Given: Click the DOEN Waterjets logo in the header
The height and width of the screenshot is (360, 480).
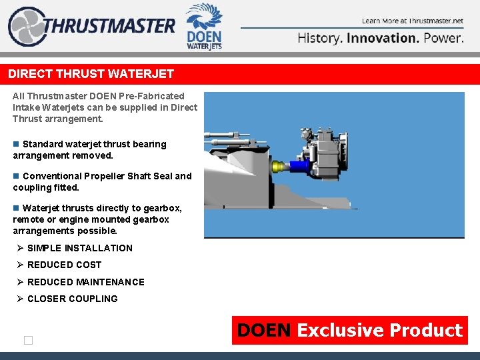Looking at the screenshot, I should (204, 27).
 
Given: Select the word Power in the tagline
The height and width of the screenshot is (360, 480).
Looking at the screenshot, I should (443, 38).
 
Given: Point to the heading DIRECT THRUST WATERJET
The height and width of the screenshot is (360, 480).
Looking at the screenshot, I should (91, 74).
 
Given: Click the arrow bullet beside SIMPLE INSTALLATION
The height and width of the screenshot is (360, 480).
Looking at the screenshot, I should (21, 248).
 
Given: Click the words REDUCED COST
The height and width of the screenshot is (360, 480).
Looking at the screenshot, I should (64, 265).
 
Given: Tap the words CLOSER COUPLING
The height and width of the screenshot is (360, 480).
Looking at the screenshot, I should (72, 299).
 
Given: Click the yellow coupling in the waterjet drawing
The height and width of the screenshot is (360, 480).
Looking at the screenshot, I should (278, 167).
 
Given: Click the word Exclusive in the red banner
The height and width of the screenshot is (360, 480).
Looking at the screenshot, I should (340, 331).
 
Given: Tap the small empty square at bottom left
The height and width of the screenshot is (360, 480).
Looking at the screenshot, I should (28, 341).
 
